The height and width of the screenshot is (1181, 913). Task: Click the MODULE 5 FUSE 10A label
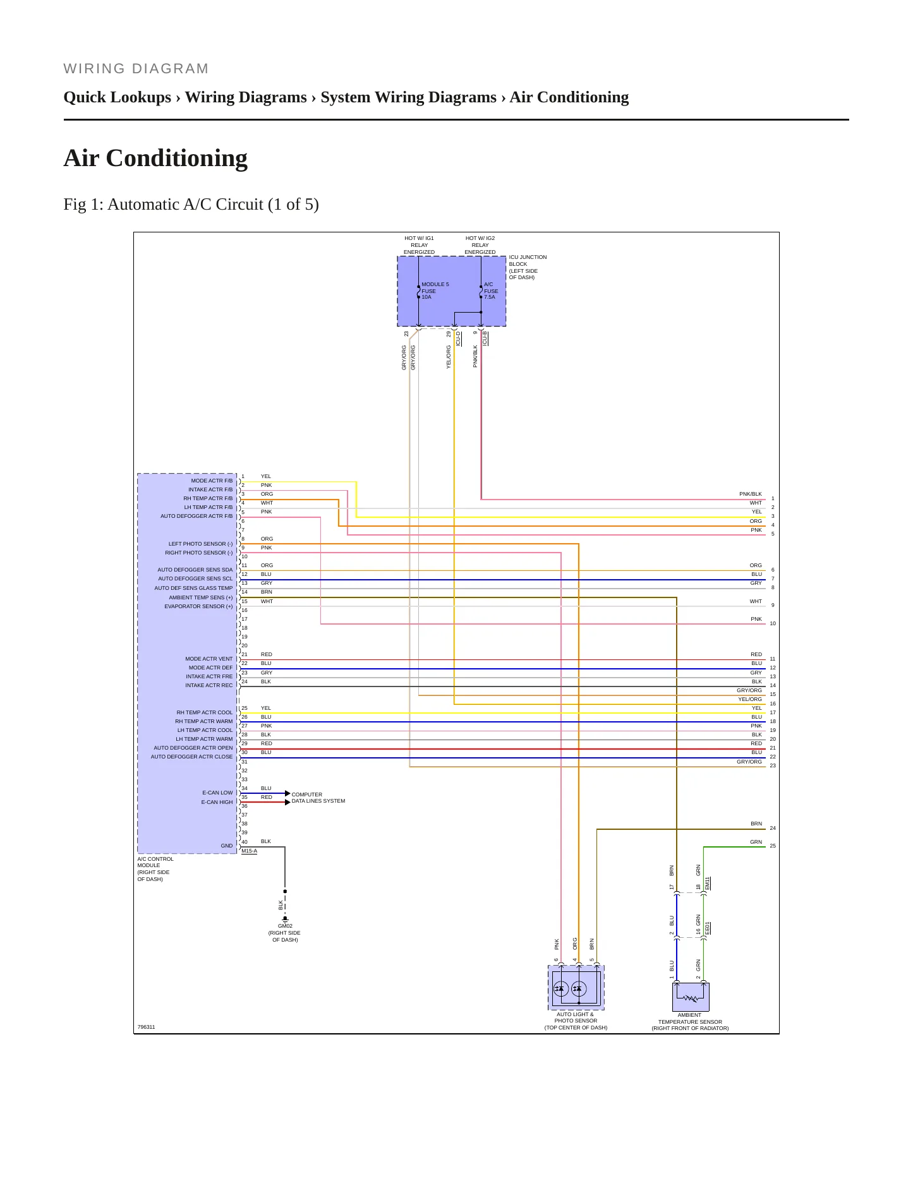(435, 291)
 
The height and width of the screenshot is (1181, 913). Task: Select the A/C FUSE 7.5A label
(491, 291)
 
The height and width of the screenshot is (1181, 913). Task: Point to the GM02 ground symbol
(285, 919)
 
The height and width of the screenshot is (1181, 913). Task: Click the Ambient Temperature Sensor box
(691, 997)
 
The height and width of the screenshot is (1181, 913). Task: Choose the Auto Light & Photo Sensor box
(576, 987)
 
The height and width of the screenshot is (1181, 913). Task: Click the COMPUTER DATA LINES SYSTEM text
(318, 798)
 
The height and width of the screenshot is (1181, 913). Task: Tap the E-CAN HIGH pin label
(217, 802)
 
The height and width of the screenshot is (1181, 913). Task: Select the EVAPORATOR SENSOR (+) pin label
(198, 606)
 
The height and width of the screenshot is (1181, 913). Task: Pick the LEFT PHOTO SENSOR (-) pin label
(200, 544)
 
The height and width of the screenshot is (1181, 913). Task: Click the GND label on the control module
(227, 846)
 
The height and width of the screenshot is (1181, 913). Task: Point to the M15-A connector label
(249, 851)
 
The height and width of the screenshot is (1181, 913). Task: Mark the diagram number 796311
(146, 1027)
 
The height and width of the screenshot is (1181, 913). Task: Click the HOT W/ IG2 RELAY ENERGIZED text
(480, 245)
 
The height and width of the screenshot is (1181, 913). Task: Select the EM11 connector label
(708, 883)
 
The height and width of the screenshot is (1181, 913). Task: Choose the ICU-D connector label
(458, 339)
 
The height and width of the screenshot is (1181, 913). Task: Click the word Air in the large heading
(82, 158)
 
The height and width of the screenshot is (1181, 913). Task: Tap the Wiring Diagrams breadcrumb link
(246, 97)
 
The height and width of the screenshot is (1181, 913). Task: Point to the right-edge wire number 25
(773, 846)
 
